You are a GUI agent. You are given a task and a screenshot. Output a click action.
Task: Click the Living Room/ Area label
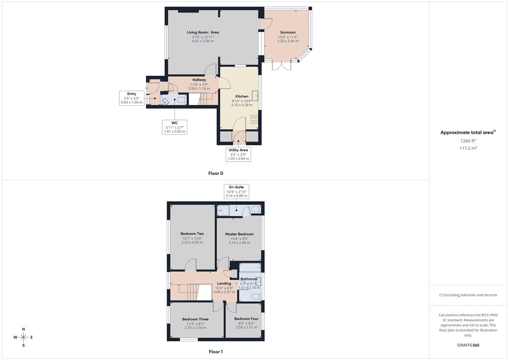click(203, 32)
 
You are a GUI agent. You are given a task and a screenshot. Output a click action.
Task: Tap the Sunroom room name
click(288, 32)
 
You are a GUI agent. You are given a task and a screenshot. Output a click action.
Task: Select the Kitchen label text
click(242, 96)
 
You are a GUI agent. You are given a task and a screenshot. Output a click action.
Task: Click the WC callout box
click(174, 127)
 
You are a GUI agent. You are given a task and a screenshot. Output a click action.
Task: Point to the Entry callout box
click(132, 98)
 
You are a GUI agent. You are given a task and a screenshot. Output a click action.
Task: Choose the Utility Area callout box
click(238, 154)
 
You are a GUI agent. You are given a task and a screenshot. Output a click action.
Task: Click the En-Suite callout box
click(236, 191)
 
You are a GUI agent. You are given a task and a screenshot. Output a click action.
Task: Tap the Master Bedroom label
click(239, 234)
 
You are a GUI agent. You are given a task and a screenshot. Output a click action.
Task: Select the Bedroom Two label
click(192, 234)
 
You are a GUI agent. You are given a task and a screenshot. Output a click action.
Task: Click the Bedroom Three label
click(195, 319)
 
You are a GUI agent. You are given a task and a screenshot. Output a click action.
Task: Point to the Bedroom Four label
click(246, 319)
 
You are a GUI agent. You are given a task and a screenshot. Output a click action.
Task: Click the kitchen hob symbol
click(254, 120)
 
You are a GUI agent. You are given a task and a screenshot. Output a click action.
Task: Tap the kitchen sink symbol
click(255, 96)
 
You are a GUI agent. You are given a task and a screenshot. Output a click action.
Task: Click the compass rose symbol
click(23, 337)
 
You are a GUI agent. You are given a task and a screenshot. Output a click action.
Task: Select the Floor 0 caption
click(216, 173)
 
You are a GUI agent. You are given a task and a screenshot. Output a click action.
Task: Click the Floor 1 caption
click(216, 352)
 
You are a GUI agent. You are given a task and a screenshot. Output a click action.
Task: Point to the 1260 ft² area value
click(468, 141)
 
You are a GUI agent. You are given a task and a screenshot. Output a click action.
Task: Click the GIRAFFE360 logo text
click(468, 345)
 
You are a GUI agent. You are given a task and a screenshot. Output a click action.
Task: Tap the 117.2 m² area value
click(468, 148)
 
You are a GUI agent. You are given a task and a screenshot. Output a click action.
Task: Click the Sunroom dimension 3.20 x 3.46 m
click(288, 41)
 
